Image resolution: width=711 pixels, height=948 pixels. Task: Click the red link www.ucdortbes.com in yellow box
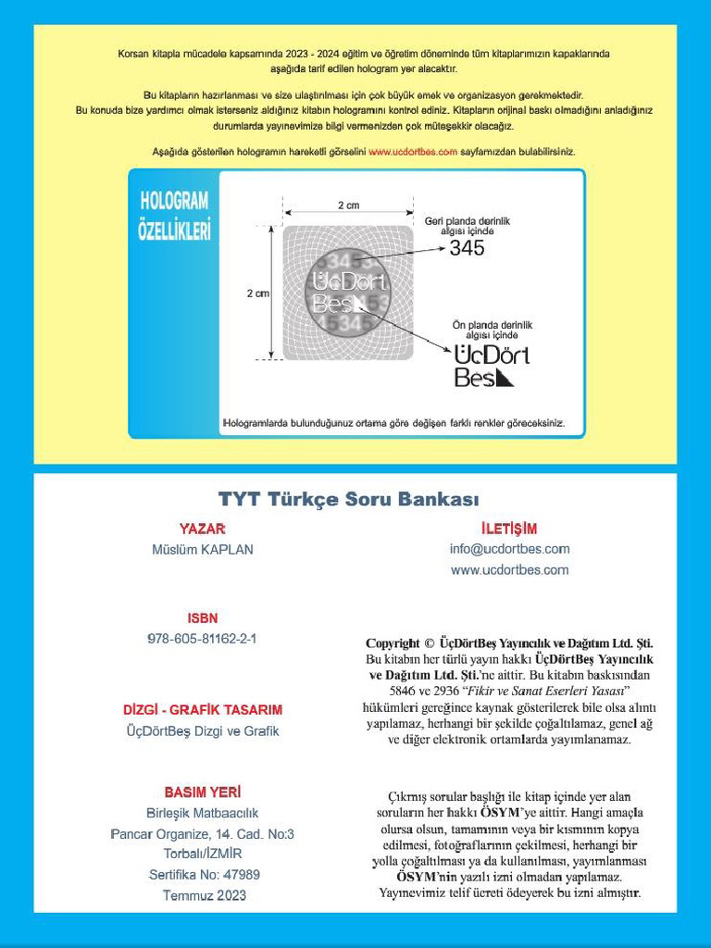[x=413, y=152]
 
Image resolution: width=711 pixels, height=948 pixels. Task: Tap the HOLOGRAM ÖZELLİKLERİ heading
[x=175, y=215]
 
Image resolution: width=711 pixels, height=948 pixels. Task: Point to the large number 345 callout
[x=467, y=248]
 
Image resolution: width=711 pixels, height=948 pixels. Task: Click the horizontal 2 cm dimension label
[x=348, y=205]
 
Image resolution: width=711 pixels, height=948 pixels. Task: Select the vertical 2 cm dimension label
[x=257, y=293]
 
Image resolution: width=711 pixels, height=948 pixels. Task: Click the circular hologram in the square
[x=348, y=293]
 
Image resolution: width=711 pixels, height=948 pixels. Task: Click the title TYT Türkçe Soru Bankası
[x=348, y=499]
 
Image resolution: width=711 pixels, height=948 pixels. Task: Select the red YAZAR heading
[x=203, y=529]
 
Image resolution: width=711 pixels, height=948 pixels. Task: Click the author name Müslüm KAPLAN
[x=203, y=549]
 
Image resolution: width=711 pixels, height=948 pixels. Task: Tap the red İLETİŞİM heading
[x=509, y=529]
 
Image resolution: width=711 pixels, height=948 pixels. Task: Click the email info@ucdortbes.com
[x=509, y=549]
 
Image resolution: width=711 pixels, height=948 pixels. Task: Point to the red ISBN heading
[x=203, y=617]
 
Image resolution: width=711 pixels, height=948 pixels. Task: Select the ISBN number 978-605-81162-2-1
[x=203, y=639]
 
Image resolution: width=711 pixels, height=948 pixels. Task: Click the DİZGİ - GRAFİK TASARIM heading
[x=203, y=710]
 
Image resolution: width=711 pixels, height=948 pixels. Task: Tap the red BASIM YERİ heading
[x=203, y=792]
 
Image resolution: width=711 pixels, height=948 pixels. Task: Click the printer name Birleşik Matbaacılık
[x=203, y=814]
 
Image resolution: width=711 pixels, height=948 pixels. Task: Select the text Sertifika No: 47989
[x=204, y=875]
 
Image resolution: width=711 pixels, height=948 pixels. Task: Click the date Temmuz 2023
[x=204, y=895]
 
